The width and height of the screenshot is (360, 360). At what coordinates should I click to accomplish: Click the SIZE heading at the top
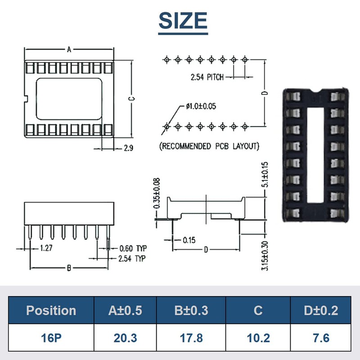coord(183,21)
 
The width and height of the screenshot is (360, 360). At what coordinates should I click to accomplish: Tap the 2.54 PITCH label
coord(207,77)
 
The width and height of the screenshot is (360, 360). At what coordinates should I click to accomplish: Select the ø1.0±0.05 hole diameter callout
coord(201,106)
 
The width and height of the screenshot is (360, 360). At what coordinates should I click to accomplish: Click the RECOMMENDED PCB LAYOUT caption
coord(209,146)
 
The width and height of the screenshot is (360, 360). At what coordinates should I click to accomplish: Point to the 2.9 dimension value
coord(128,148)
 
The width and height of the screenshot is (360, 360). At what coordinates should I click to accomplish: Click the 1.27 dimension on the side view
coord(45,248)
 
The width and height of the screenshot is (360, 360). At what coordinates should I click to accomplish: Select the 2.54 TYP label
coord(132,259)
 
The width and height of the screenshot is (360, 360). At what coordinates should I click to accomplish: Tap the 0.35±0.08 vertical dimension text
coord(157,193)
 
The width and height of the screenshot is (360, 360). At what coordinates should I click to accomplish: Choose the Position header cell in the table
coord(51,310)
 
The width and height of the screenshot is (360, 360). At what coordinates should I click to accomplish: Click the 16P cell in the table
coord(51,337)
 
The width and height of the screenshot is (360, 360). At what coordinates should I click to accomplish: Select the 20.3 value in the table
coord(125,337)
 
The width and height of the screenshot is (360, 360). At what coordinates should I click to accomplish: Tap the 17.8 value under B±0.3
coord(191,337)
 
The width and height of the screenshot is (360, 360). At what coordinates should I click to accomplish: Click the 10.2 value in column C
coord(258,337)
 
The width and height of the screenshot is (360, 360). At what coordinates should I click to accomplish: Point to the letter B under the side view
coord(69,268)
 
